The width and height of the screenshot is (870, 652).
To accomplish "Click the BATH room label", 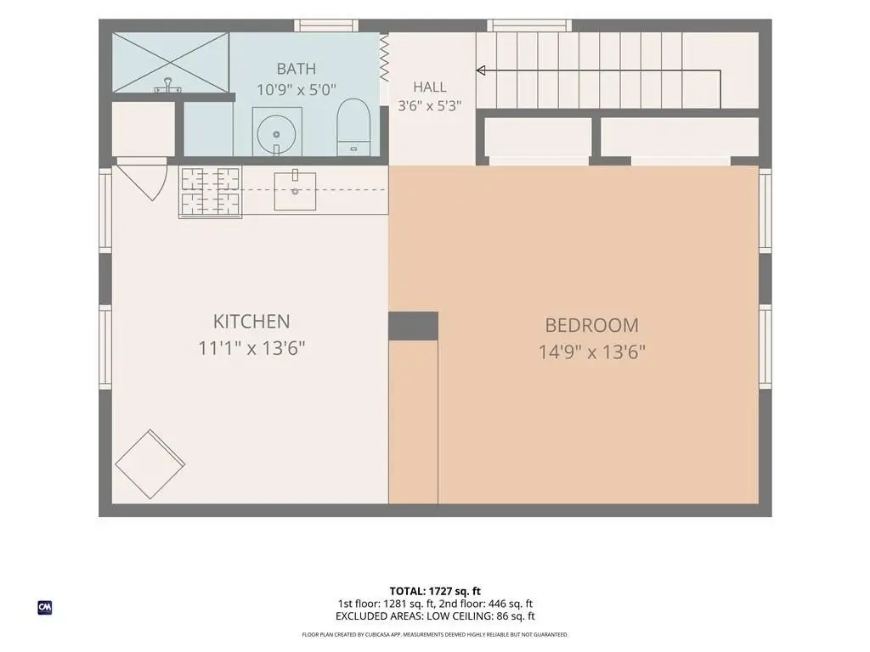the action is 297,69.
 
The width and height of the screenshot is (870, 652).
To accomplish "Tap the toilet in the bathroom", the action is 353,127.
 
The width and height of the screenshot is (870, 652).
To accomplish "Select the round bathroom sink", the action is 276,133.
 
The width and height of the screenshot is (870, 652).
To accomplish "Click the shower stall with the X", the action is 170,61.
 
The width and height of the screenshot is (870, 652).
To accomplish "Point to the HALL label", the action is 429,87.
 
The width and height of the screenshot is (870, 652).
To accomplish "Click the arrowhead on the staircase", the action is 481,70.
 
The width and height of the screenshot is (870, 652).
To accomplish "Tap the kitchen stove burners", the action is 211,193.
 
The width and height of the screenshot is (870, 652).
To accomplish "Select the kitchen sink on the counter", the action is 295,190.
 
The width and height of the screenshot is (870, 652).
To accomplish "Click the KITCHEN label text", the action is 251,322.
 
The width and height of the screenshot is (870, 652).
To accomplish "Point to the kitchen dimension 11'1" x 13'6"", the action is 251,348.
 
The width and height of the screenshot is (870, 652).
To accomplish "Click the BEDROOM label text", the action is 592,325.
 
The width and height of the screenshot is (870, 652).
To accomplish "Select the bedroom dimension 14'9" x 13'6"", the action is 592,352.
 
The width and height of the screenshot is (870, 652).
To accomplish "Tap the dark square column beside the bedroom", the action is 414,326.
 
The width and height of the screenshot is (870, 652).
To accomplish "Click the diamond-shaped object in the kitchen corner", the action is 150,464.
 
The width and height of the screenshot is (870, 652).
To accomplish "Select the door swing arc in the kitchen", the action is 161,180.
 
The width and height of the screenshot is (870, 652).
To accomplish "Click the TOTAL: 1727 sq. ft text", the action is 435,591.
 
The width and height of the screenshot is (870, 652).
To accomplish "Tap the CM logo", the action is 45,608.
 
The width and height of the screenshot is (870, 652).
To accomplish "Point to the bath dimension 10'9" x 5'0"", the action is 297,90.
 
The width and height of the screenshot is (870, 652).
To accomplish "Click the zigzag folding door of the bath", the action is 384,58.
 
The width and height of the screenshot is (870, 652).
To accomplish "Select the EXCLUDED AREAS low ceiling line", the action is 435,616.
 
